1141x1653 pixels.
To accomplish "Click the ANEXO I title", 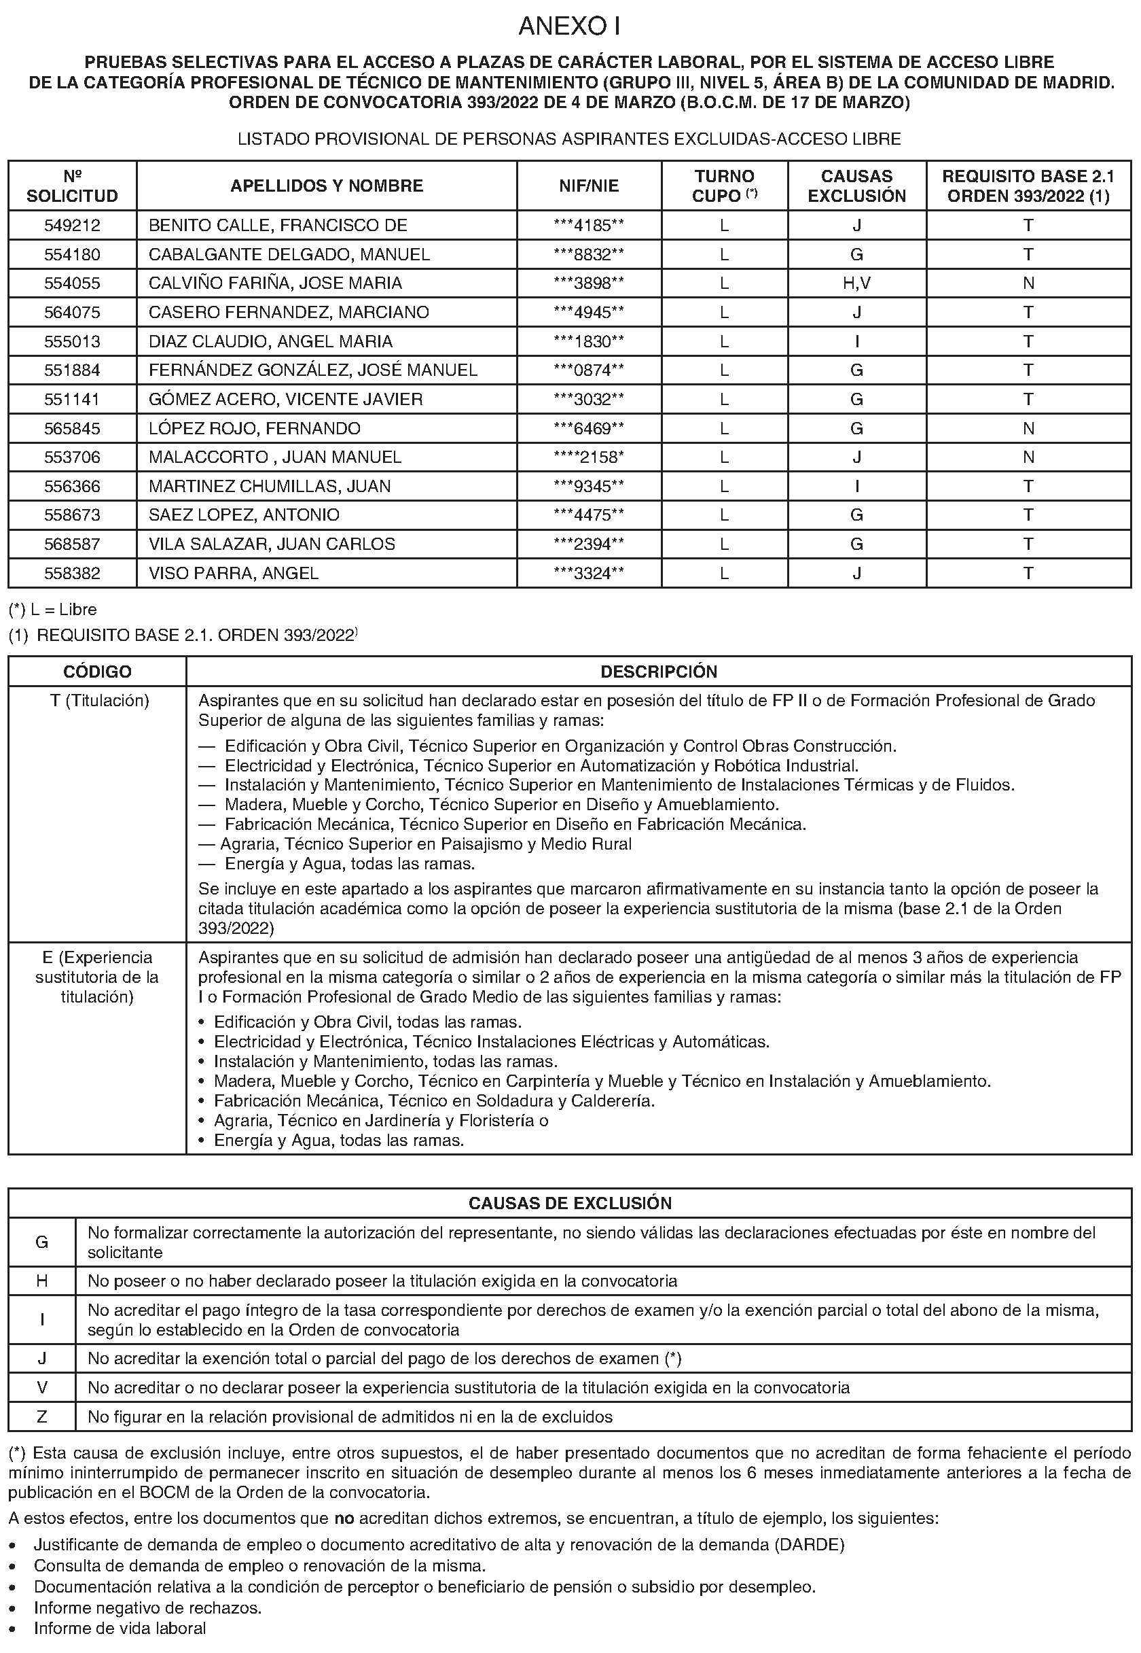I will [x=569, y=27].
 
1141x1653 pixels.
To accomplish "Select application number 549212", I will [x=72, y=225].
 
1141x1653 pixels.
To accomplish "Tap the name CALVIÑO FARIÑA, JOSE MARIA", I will [x=275, y=283].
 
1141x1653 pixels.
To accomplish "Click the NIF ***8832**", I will [x=588, y=255].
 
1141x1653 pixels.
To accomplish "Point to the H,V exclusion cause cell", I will [x=856, y=283].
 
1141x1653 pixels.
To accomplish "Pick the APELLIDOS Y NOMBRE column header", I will [x=327, y=186].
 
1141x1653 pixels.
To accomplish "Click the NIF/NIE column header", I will [x=588, y=186].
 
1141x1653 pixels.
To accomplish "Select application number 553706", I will [x=72, y=457].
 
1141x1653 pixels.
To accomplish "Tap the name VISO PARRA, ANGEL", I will [x=234, y=573].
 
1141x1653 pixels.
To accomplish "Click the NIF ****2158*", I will [x=588, y=457].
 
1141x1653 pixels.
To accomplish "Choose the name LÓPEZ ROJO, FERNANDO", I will [x=255, y=428].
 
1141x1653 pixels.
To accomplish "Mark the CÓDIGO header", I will [x=97, y=672].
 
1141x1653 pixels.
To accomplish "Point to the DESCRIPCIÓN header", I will [x=658, y=672].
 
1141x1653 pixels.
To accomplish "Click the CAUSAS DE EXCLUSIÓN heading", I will [x=570, y=1203].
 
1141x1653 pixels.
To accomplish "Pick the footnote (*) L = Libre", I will [x=52, y=610].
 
